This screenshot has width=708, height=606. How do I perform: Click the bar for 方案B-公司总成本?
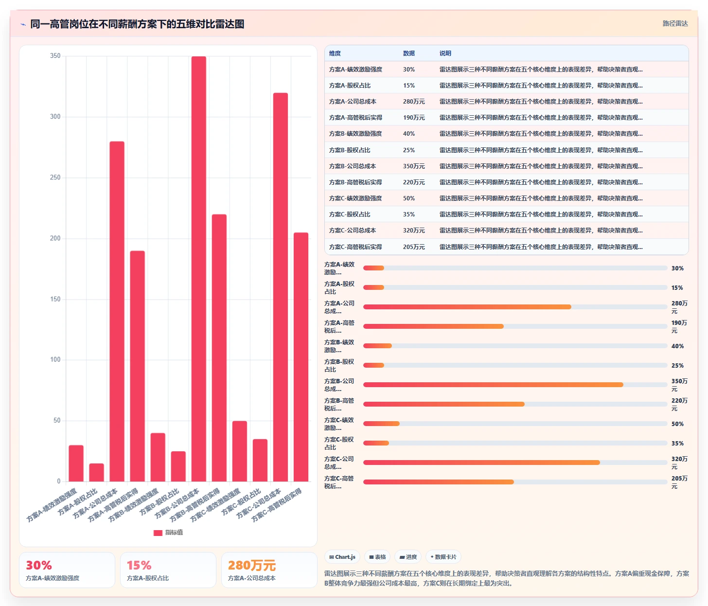point(199,269)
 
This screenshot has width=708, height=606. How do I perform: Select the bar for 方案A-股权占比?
point(96,472)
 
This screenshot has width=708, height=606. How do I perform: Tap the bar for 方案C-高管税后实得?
point(301,357)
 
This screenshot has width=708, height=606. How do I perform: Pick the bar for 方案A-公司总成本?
point(117,311)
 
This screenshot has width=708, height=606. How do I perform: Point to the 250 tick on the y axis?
point(55,178)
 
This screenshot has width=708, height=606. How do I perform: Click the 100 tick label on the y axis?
point(55,360)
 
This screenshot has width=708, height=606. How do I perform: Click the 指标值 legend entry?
point(168,533)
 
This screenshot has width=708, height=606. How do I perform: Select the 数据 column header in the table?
point(409,53)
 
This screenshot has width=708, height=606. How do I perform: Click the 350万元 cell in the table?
point(414,166)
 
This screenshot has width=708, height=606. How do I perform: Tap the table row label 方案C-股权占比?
point(350,214)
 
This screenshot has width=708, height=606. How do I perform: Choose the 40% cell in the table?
point(409,134)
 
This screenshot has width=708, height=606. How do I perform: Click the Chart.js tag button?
point(342,557)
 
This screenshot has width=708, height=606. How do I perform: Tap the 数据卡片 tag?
point(443,557)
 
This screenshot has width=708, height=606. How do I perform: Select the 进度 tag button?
point(408,557)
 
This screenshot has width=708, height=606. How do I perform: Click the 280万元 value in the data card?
point(252,565)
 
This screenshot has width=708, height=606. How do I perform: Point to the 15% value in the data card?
point(139,565)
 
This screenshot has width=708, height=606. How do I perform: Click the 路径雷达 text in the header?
point(675,24)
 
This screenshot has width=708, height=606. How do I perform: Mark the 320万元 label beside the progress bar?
point(679,463)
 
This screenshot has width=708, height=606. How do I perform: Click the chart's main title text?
point(137,24)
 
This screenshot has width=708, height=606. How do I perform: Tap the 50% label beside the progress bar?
point(677,424)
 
